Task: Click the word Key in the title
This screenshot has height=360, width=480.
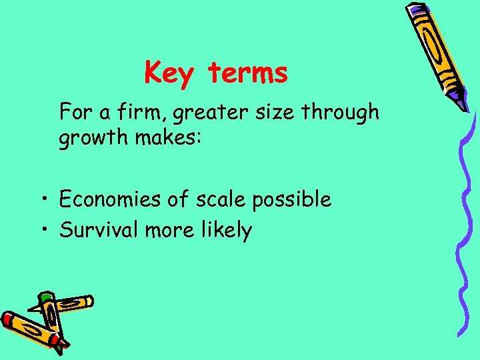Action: coord(168,73)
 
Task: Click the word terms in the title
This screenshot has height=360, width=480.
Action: coord(248,73)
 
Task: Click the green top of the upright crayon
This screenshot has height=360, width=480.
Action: coord(46,297)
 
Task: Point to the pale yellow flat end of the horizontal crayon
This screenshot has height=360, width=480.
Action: coord(89,301)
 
